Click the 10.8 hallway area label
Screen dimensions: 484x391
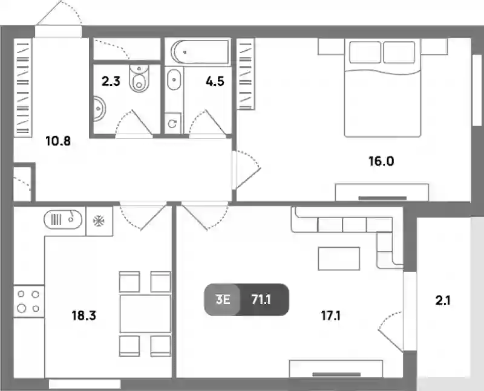pyautogui.click(x=58, y=141)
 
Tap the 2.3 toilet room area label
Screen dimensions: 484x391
pyautogui.click(x=111, y=82)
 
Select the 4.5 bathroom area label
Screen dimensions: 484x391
pyautogui.click(x=215, y=82)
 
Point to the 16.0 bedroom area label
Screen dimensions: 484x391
pyautogui.click(x=382, y=161)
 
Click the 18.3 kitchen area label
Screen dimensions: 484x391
pyautogui.click(x=84, y=315)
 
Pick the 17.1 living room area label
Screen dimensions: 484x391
pyautogui.click(x=330, y=315)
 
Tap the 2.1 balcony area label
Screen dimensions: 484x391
pyautogui.click(x=443, y=300)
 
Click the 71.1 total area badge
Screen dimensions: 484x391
pyautogui.click(x=261, y=299)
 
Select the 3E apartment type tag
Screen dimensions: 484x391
pyautogui.click(x=223, y=299)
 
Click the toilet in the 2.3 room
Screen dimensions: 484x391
pyautogui.click(x=139, y=78)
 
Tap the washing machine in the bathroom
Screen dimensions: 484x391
pyautogui.click(x=172, y=123)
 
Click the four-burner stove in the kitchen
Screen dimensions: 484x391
pyautogui.click(x=28, y=302)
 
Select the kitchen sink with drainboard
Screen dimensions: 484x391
pyautogui.click(x=63, y=219)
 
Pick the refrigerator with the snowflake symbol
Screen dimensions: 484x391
pyautogui.click(x=99, y=221)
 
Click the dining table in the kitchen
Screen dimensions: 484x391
pyautogui.click(x=145, y=314)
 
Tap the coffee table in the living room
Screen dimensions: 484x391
pyautogui.click(x=339, y=259)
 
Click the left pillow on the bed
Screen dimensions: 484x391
pyautogui.click(x=365, y=52)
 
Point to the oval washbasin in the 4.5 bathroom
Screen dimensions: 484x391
pyautogui.click(x=174, y=80)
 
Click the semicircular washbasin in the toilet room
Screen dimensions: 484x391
pyautogui.click(x=99, y=109)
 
